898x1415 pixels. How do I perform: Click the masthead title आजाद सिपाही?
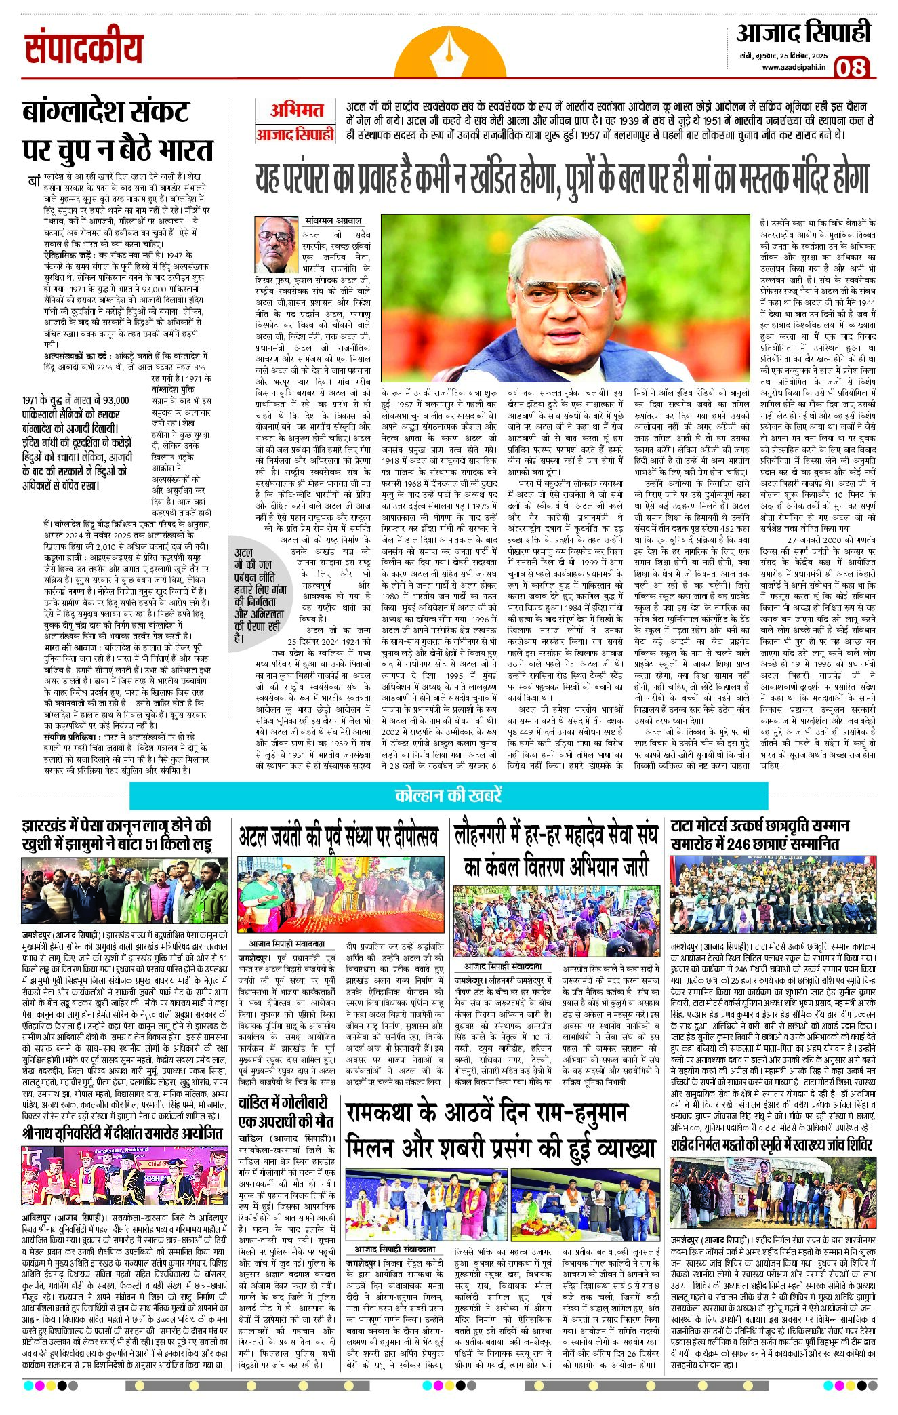coord(803,33)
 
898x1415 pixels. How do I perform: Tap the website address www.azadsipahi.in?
coord(794,67)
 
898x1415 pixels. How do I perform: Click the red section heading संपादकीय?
coord(84,49)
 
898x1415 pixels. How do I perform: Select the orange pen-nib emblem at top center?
coord(450,56)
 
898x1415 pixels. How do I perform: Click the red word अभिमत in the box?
coord(296,111)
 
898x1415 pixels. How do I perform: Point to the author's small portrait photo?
coord(276,244)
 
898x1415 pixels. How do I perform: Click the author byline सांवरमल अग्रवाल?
coord(333,221)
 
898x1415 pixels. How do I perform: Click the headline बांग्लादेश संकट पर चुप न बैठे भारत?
coord(117,130)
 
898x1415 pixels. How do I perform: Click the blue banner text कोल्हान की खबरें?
coord(448,795)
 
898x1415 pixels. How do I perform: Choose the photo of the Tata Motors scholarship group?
coord(773,894)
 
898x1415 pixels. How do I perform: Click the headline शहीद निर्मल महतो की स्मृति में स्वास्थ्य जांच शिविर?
coord(771,1145)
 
